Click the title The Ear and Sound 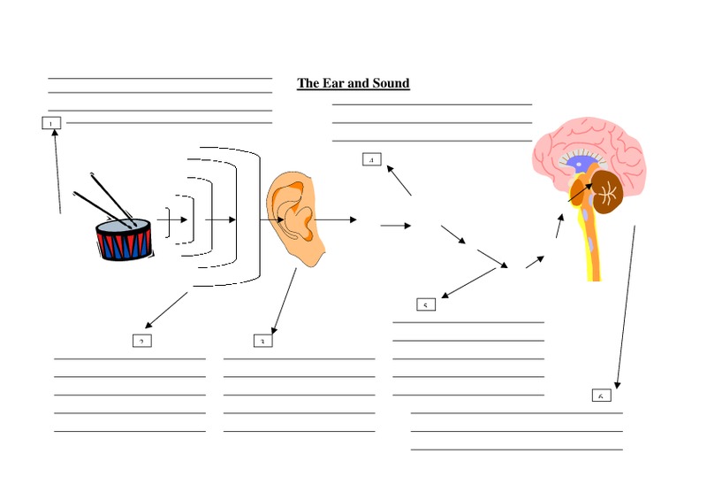(353, 83)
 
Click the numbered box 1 (51, 122)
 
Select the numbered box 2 (141, 341)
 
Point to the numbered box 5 (426, 304)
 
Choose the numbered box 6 (601, 395)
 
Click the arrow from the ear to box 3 (285, 301)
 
